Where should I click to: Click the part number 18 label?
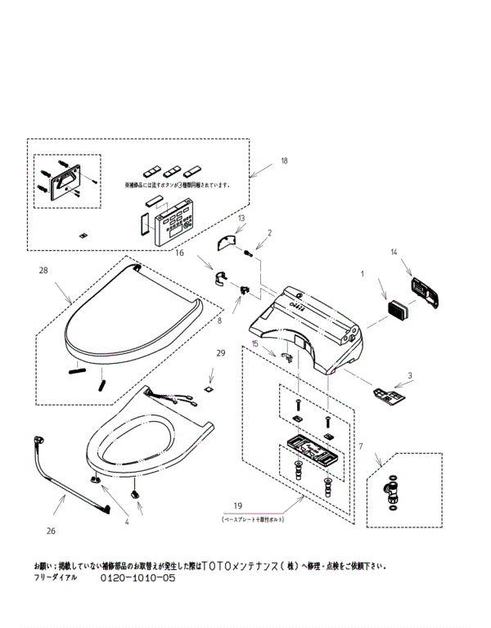coord(284,161)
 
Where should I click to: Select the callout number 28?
coord(43,270)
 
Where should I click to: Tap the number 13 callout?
coord(241,219)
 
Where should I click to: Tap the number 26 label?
coord(50,531)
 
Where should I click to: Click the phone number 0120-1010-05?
coord(137,577)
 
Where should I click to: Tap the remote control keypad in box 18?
coord(173,222)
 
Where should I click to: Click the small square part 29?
coord(209,388)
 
